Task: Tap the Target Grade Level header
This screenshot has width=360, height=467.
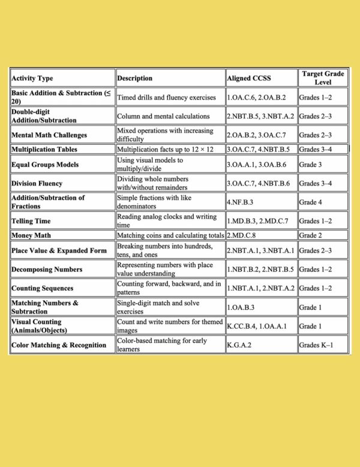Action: point(323,77)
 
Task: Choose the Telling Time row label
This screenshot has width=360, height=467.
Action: point(31,221)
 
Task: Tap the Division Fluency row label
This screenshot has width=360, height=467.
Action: point(37,184)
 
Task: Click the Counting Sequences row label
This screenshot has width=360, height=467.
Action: point(43,289)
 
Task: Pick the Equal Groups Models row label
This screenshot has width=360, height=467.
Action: point(44,164)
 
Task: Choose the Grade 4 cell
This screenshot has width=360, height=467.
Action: point(311,202)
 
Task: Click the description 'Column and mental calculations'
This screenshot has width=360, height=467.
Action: point(163,116)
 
